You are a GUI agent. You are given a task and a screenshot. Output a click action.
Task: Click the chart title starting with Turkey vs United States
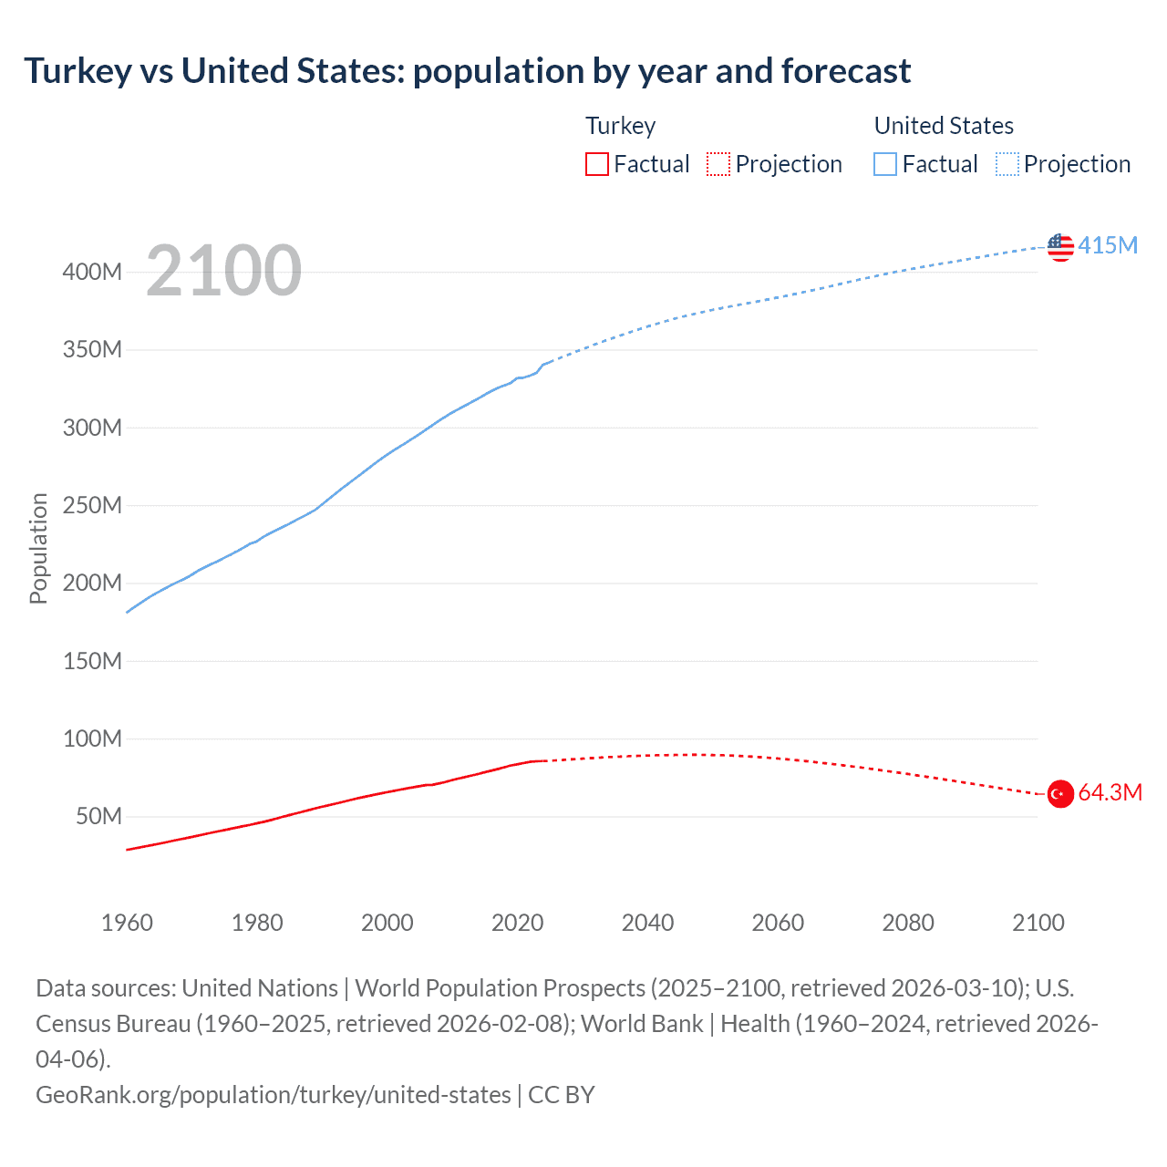pyautogui.click(x=467, y=71)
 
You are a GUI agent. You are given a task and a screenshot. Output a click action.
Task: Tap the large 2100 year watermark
pyautogui.click(x=223, y=271)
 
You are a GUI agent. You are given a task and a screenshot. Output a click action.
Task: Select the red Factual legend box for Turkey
pyautogui.click(x=597, y=164)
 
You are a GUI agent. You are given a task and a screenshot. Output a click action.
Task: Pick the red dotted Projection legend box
pyautogui.click(x=718, y=164)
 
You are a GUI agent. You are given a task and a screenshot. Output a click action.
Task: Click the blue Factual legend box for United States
pyautogui.click(x=885, y=164)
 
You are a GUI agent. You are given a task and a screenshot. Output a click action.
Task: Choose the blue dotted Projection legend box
pyautogui.click(x=1007, y=164)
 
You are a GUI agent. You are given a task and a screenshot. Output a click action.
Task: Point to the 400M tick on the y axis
pyautogui.click(x=92, y=273)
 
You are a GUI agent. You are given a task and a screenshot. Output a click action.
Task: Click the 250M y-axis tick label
pyautogui.click(x=92, y=506)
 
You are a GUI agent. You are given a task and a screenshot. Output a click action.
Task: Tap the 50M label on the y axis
pyautogui.click(x=98, y=817)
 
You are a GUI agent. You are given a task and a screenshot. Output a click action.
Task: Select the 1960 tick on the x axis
pyautogui.click(x=127, y=923)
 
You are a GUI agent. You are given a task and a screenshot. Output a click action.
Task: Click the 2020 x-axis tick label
pyautogui.click(x=517, y=923)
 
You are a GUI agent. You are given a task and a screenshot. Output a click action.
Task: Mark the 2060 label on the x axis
pyautogui.click(x=778, y=923)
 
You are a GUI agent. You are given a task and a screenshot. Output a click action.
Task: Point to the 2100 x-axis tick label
pyautogui.click(x=1038, y=923)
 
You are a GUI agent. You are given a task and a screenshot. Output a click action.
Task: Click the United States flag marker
pyautogui.click(x=1060, y=247)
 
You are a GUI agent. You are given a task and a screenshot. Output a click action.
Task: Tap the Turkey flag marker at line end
pyautogui.click(x=1060, y=794)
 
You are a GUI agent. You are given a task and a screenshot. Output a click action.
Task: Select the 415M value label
pyautogui.click(x=1108, y=245)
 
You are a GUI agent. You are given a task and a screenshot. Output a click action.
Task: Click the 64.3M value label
pyautogui.click(x=1110, y=793)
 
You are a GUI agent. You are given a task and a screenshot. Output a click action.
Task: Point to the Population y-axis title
pyautogui.click(x=38, y=548)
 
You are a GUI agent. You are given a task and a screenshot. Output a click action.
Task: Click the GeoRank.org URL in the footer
pyautogui.click(x=274, y=1095)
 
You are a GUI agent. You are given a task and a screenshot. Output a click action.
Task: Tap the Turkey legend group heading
pyautogui.click(x=620, y=126)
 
